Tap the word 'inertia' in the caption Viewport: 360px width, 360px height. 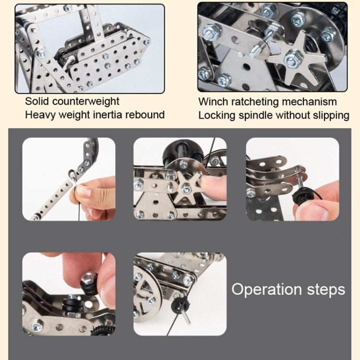[107, 115]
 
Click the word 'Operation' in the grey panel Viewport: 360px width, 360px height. [266, 289]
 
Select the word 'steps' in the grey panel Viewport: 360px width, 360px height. [326, 290]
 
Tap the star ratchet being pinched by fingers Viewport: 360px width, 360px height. [186, 188]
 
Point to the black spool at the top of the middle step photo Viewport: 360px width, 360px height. [181, 154]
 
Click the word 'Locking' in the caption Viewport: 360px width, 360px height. [217, 116]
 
